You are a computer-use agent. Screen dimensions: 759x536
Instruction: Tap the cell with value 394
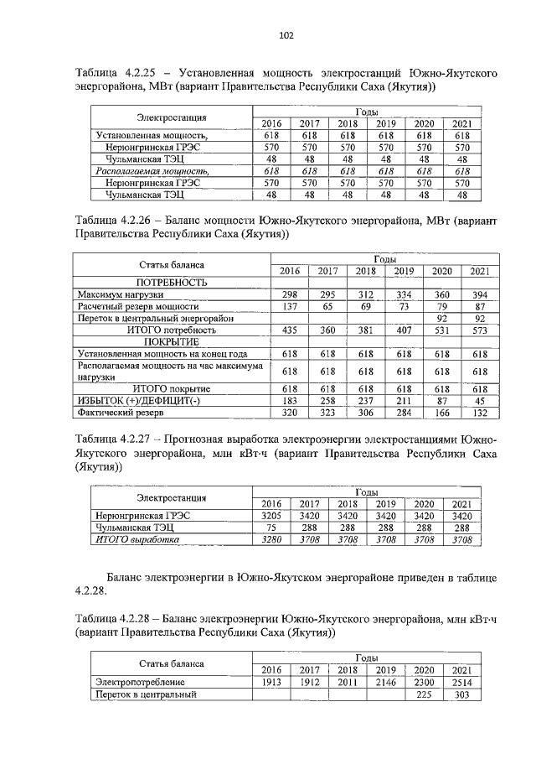(x=480, y=295)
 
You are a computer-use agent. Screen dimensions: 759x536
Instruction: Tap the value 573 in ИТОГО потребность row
(x=480, y=330)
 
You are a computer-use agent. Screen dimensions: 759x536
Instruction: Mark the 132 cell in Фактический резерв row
(x=480, y=413)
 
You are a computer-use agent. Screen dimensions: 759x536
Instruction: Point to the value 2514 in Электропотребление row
(x=461, y=683)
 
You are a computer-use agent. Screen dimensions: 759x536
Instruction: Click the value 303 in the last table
(x=461, y=694)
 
